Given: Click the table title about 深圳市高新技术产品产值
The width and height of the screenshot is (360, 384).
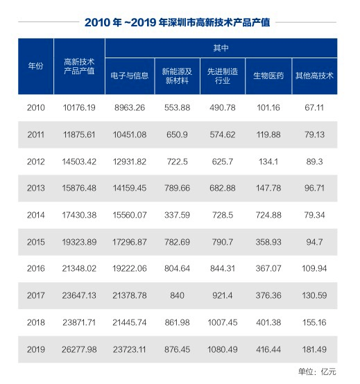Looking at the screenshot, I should (180, 21).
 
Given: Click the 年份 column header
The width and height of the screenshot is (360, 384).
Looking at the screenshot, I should (35, 66).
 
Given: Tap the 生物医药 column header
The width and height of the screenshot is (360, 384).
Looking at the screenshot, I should (265, 75).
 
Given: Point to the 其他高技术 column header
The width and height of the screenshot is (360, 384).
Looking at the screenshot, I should (314, 75).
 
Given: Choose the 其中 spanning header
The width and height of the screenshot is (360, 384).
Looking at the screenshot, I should (221, 49).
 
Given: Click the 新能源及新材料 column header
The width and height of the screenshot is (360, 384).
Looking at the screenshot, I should (176, 75).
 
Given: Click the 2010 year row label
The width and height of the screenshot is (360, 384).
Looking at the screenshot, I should (35, 107).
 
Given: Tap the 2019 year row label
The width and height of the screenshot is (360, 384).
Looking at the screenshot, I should (35, 349).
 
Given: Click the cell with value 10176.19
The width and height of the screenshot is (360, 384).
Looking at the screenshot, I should (78, 107).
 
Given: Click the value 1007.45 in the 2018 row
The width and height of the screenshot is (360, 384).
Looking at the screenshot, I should (221, 323).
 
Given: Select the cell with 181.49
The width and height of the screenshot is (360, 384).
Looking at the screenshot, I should (314, 349).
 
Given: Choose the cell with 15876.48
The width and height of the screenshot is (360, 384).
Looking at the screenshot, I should (78, 189).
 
